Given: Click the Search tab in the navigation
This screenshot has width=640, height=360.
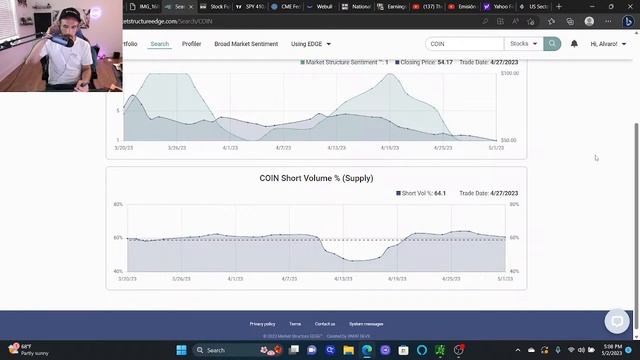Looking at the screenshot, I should [160, 44].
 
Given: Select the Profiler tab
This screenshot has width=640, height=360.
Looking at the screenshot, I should [191, 44].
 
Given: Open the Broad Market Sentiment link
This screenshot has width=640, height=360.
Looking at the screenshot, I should [246, 44].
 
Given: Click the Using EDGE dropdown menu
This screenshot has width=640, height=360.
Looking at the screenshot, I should [310, 44].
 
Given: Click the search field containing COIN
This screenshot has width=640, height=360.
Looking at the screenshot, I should [464, 44].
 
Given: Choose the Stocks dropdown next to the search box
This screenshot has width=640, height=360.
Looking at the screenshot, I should [523, 44].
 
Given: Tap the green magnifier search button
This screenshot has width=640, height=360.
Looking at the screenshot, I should [552, 44].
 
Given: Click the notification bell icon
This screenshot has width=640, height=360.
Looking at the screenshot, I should [574, 44].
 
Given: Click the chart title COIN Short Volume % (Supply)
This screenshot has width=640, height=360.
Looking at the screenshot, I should [316, 178].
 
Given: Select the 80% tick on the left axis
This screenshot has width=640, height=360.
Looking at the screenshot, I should [118, 205].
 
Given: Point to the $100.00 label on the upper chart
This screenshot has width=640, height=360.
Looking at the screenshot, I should [509, 73].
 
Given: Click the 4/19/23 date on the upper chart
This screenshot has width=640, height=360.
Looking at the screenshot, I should [390, 147].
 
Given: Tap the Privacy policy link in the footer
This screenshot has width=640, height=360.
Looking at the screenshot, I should [262, 324].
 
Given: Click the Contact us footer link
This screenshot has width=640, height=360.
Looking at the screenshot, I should [325, 324].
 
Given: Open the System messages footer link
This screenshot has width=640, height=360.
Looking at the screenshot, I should [366, 324].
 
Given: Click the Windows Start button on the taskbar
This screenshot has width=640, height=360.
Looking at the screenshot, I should [181, 350].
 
